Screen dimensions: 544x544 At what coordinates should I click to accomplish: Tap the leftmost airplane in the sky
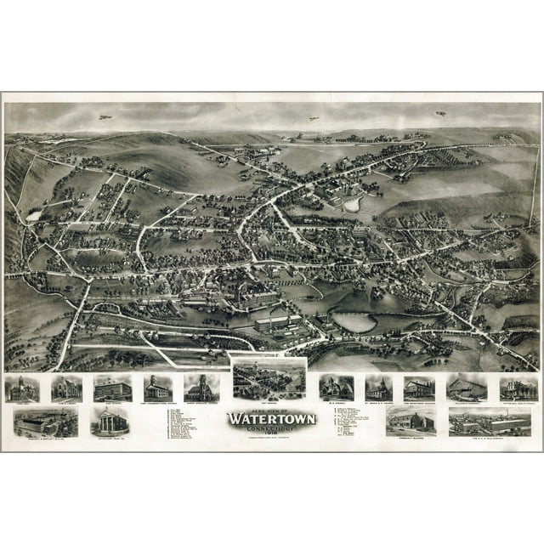pyautogui.click(x=105, y=116)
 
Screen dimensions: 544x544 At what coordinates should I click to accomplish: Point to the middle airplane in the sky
pyautogui.click(x=314, y=118)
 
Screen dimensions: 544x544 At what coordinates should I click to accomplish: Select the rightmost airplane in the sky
pyautogui.click(x=440, y=113)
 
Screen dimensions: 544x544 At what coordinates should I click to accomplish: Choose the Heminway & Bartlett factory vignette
pyautogui.click(x=45, y=422)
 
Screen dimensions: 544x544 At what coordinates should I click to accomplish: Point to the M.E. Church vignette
pyautogui.click(x=337, y=388)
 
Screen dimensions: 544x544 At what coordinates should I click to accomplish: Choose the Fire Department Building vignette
pyautogui.click(x=419, y=388)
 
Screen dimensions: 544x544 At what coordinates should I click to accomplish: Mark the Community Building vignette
pyautogui.click(x=410, y=421)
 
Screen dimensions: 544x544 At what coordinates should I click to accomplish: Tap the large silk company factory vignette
pyautogui.click(x=489, y=421)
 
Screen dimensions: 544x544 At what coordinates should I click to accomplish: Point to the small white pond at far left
pyautogui.click(x=33, y=216)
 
